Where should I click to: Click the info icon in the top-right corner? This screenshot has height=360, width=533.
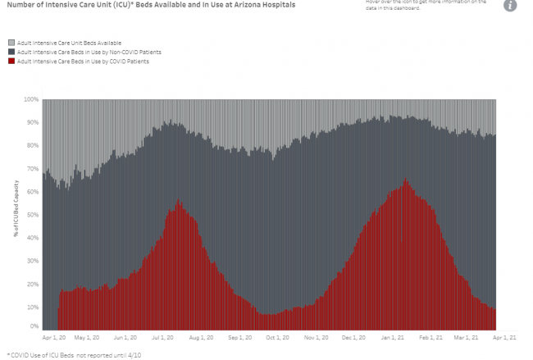(511, 6)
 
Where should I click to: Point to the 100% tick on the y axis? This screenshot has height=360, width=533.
(31, 99)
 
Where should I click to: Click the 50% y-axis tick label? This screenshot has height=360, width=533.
(33, 215)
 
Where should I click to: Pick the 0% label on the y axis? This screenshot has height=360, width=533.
(34, 327)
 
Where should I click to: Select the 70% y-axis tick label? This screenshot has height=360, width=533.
(33, 169)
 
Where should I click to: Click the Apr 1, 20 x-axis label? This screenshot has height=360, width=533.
(53, 336)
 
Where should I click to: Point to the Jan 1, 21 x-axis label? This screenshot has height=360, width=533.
(393, 336)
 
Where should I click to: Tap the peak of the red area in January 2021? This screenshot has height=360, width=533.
(405, 180)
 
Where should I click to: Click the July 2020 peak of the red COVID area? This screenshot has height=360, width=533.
(178, 201)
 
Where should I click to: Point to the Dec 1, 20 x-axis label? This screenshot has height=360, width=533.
(354, 336)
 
